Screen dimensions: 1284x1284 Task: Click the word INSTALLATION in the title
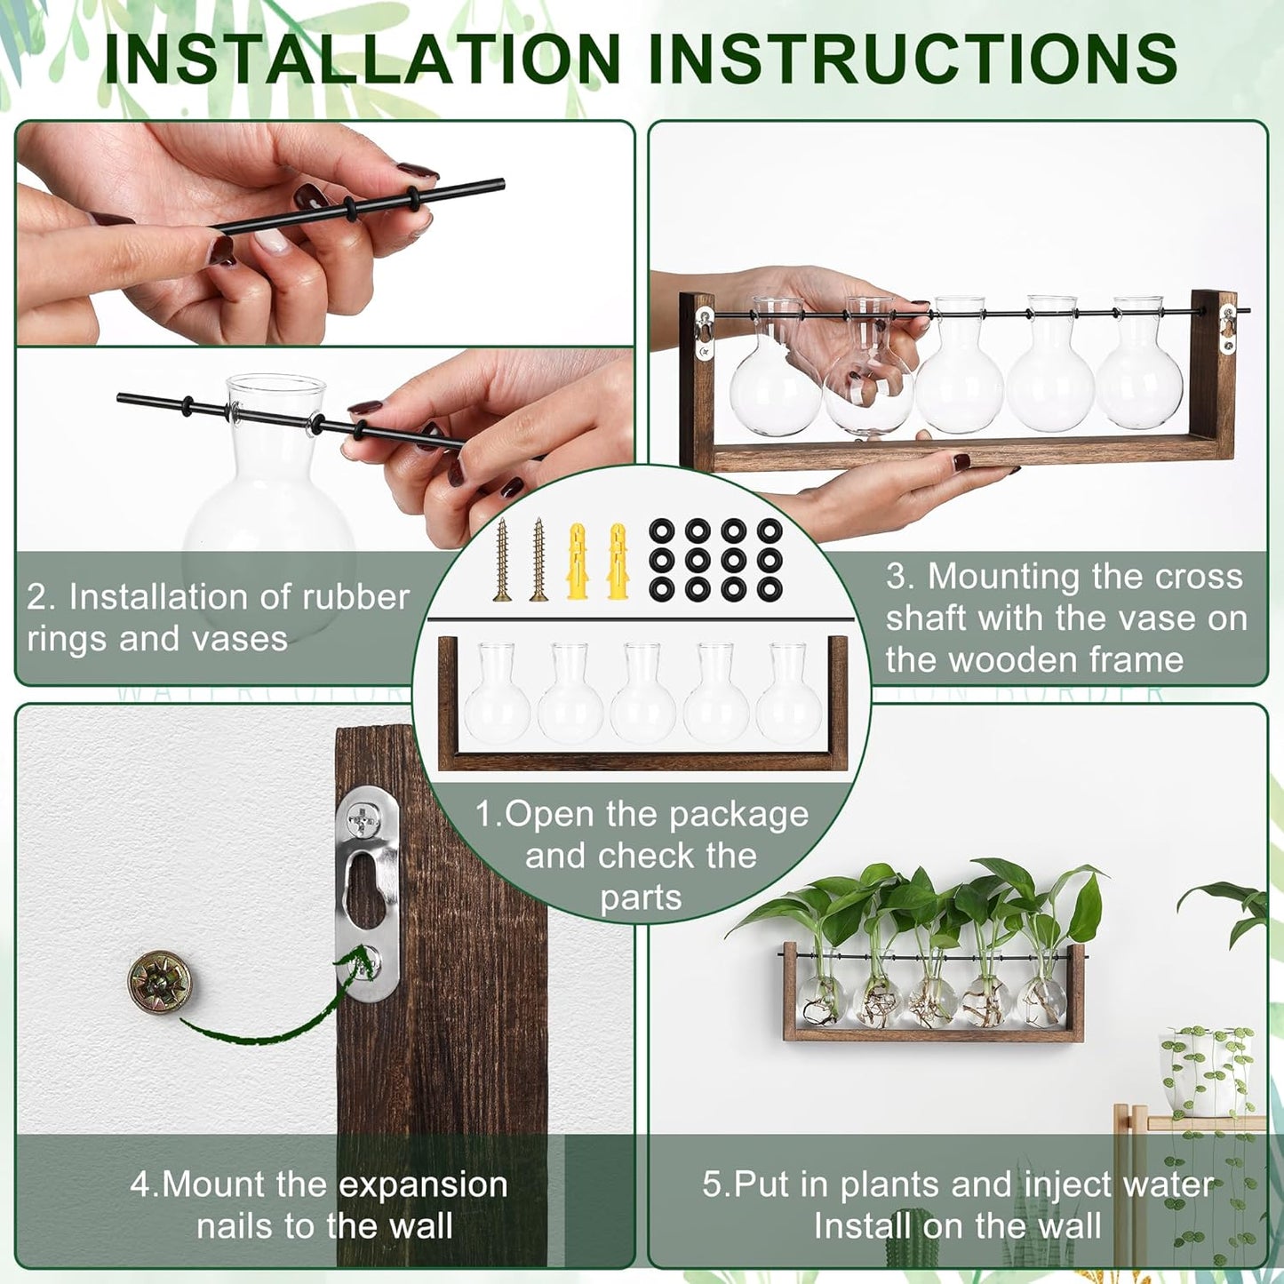tap(363, 59)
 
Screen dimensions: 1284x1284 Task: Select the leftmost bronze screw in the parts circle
tap(503, 559)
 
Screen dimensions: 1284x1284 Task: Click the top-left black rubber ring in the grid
tap(661, 531)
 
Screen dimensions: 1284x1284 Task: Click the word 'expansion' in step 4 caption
tap(423, 1184)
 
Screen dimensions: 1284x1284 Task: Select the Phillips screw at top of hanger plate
tap(362, 815)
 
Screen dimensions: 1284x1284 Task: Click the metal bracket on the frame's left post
tap(704, 326)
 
